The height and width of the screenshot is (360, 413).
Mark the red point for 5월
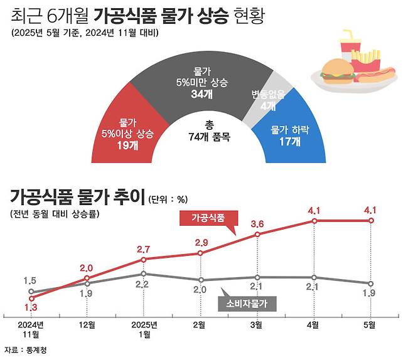click(x=370, y=221)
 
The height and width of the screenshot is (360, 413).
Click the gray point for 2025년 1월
click(x=144, y=273)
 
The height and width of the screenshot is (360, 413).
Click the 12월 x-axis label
click(x=88, y=325)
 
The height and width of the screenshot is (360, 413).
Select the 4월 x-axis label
click(x=313, y=325)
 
